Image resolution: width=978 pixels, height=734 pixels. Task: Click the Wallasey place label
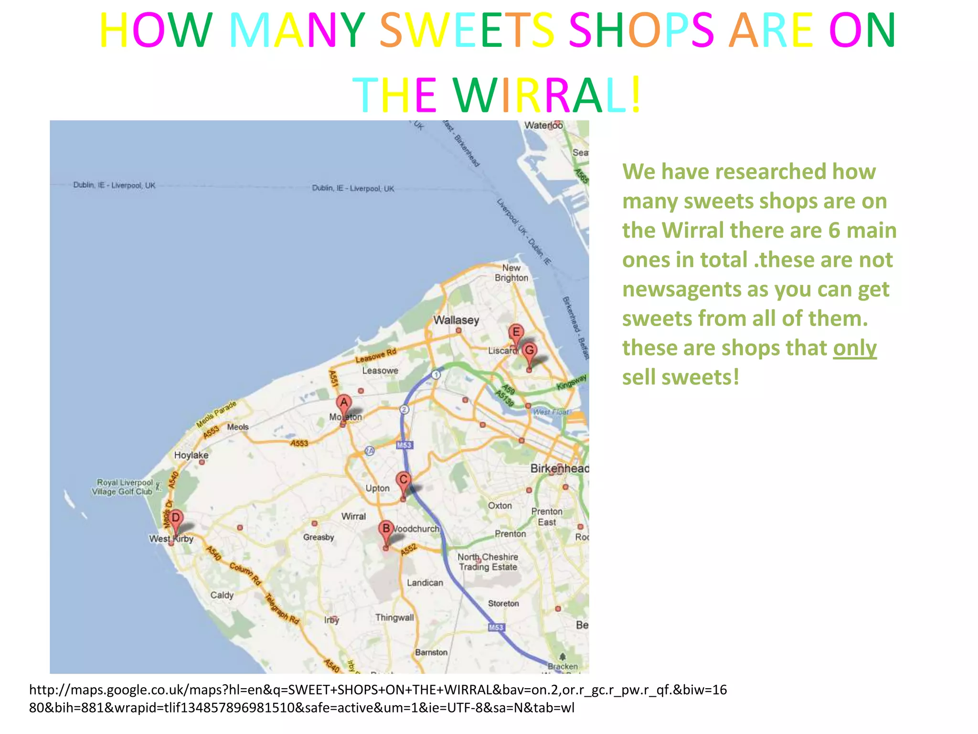coord(456,320)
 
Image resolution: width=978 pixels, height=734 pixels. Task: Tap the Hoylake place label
coord(191,455)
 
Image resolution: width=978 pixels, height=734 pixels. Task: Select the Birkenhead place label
coord(559,468)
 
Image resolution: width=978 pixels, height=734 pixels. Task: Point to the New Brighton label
coord(511,273)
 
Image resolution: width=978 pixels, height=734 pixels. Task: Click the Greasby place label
coord(319,537)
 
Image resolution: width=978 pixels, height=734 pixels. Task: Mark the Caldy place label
coord(222,595)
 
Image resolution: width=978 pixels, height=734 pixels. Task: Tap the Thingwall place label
coord(394,617)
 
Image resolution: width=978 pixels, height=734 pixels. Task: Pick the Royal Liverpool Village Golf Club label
coord(124,487)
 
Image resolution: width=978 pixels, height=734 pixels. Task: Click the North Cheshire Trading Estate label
coord(488,562)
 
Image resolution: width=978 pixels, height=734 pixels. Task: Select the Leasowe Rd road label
coord(376,356)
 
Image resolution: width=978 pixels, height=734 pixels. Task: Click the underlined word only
coord(855,348)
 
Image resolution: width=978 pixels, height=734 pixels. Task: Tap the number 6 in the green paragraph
coord(834,230)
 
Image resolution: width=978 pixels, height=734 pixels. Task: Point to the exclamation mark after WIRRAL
coord(636,94)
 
